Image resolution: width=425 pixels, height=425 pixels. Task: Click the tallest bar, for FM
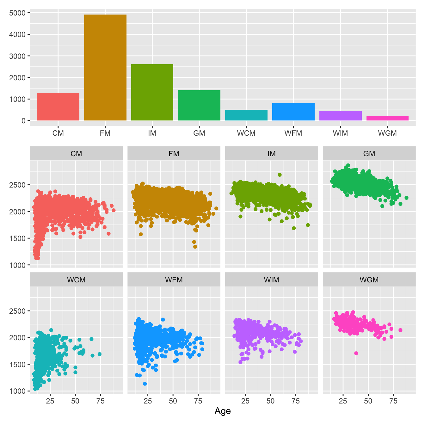(x=105, y=67)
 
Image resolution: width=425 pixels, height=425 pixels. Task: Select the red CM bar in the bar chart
(x=58, y=107)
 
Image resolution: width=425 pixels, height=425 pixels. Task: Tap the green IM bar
(x=152, y=92)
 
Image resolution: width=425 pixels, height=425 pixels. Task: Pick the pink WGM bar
(x=387, y=118)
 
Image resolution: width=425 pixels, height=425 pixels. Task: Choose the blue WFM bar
(x=293, y=112)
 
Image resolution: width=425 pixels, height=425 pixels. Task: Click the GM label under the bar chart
(x=199, y=133)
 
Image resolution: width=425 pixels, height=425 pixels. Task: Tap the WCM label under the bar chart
(x=246, y=133)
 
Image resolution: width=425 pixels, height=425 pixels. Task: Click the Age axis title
(x=223, y=411)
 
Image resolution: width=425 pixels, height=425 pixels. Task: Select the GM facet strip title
(x=369, y=154)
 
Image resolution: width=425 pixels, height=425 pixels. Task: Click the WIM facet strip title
(x=271, y=280)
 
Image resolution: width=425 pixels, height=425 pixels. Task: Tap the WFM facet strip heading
(x=174, y=280)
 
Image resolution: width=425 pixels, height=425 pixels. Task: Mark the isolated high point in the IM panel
(x=280, y=175)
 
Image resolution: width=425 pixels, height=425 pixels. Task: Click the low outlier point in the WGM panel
(x=356, y=353)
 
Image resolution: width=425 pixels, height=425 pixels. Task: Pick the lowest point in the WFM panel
(x=145, y=384)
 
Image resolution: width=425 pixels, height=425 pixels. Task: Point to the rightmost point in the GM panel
(x=406, y=198)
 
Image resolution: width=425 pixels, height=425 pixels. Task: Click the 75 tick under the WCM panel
(x=101, y=401)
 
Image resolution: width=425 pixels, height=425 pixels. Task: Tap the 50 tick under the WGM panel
(x=368, y=401)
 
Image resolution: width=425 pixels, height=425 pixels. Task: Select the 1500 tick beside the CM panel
(x=17, y=238)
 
